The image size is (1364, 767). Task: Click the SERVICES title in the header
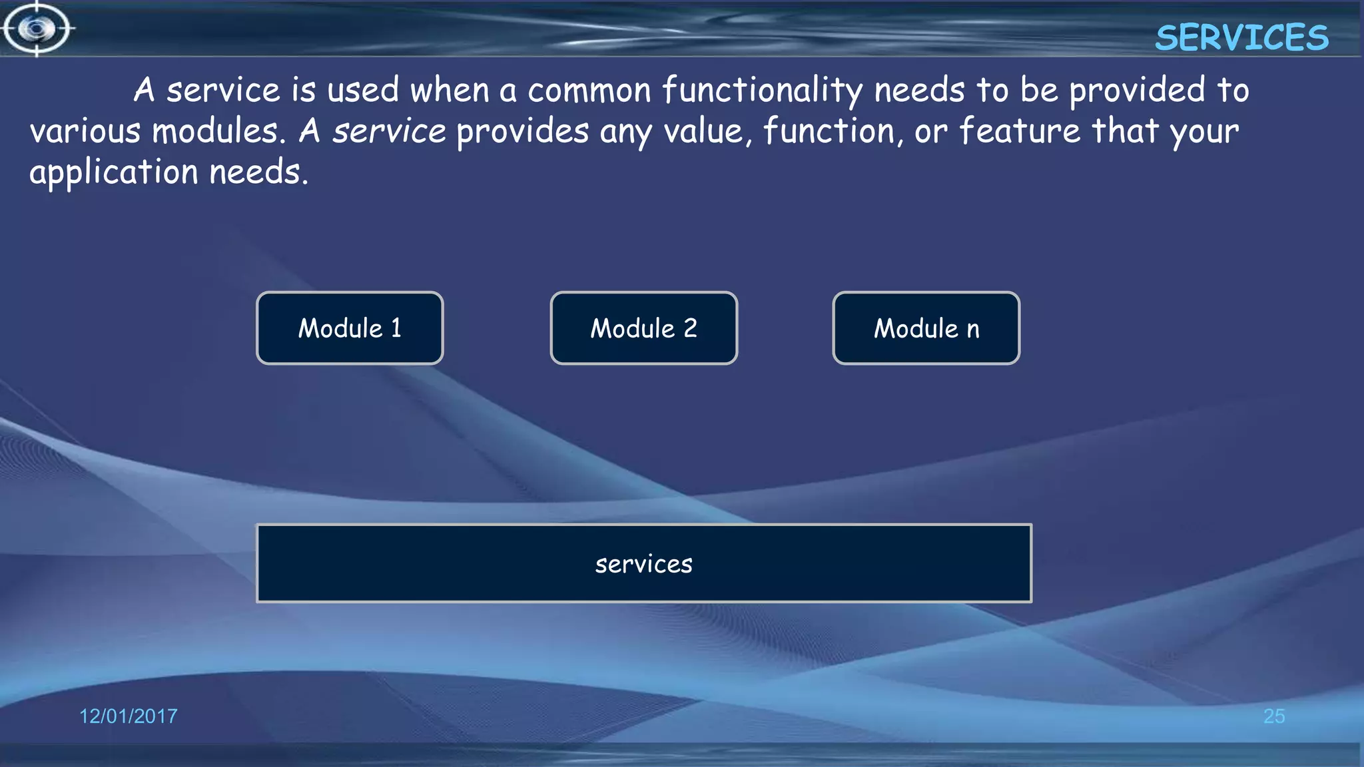[x=1241, y=37]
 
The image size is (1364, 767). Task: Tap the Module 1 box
[x=350, y=328]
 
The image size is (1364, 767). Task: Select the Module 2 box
[x=643, y=328]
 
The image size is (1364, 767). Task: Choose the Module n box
[x=926, y=328]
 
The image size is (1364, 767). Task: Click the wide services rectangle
[x=643, y=563]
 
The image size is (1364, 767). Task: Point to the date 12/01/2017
[x=129, y=716]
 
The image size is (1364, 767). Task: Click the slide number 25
[x=1273, y=716]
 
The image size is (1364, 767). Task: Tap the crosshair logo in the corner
[x=37, y=29]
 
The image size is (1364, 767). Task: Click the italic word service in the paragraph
[x=389, y=131]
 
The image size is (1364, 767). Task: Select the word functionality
[x=763, y=91]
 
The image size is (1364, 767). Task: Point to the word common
[x=589, y=91]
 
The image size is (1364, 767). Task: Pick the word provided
[x=1137, y=91]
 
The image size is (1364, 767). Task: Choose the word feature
[x=1020, y=131]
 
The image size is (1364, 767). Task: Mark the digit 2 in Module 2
[x=690, y=328]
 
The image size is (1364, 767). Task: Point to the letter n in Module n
[x=973, y=330]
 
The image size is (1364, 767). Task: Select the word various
[x=85, y=131]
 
